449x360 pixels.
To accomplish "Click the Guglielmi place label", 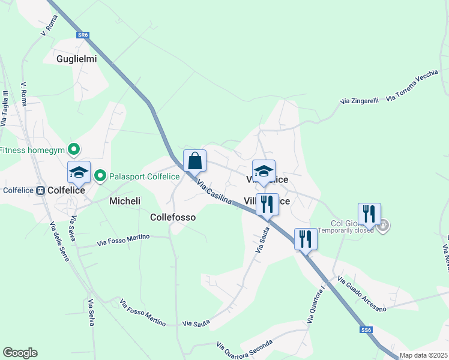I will [77, 59].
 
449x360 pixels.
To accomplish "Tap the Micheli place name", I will [125, 201].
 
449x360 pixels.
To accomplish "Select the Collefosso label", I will [173, 217].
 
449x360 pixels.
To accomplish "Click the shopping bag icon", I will [194, 161].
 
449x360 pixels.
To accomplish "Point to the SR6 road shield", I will [83, 35].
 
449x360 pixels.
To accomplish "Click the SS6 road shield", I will [366, 330].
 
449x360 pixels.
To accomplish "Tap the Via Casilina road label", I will [214, 193].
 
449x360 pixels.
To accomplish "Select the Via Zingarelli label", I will [359, 101].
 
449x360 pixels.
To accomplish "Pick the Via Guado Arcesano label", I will [362, 295].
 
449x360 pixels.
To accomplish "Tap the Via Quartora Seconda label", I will [244, 347].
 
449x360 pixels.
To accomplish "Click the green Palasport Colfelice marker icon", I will [100, 176].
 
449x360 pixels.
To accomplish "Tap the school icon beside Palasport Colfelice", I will [79, 173].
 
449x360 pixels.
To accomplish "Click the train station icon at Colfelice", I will [41, 191].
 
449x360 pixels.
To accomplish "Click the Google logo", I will [20, 353].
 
